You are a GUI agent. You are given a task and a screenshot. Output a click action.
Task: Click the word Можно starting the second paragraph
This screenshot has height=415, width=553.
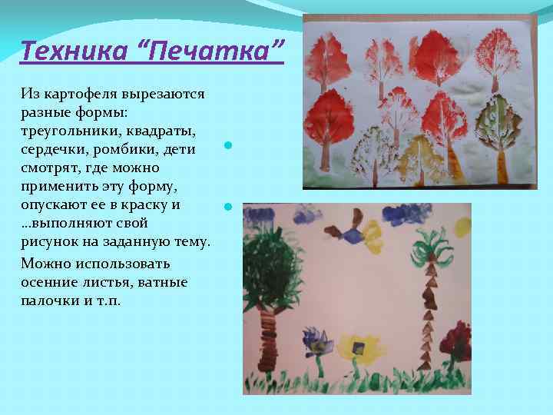(x=47, y=263)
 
